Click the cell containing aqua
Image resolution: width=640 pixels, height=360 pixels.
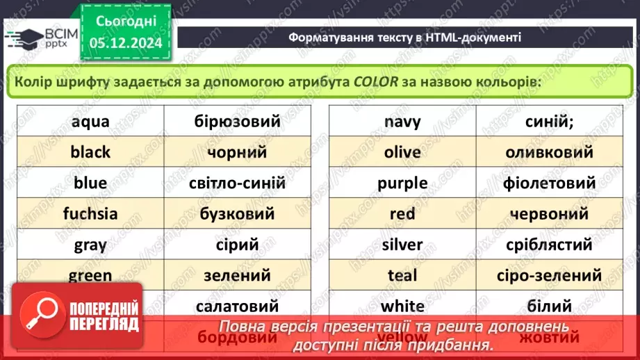pyautogui.click(x=90, y=122)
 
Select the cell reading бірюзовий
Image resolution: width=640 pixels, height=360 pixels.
pyautogui.click(x=237, y=122)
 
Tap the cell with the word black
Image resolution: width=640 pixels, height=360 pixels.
pyautogui.click(x=90, y=152)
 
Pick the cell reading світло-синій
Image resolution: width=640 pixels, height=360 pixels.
pyautogui.click(x=237, y=183)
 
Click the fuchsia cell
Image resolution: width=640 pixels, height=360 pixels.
pyautogui.click(x=90, y=214)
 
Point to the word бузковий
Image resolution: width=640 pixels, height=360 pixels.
pyautogui.click(x=237, y=214)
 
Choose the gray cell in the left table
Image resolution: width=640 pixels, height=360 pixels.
pyautogui.click(x=90, y=245)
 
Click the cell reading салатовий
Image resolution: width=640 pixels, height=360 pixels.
pyautogui.click(x=237, y=306)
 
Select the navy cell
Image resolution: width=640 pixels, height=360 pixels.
pyautogui.click(x=402, y=122)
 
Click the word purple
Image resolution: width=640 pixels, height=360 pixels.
pyautogui.click(x=402, y=183)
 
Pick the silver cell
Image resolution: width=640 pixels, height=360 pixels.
pyautogui.click(x=402, y=245)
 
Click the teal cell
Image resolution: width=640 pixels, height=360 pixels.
pyautogui.click(x=402, y=275)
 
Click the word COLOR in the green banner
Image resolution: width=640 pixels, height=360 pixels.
pyautogui.click(x=375, y=82)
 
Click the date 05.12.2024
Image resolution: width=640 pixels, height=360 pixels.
pyautogui.click(x=125, y=42)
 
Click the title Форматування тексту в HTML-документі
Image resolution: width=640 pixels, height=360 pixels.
pyautogui.click(x=404, y=38)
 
